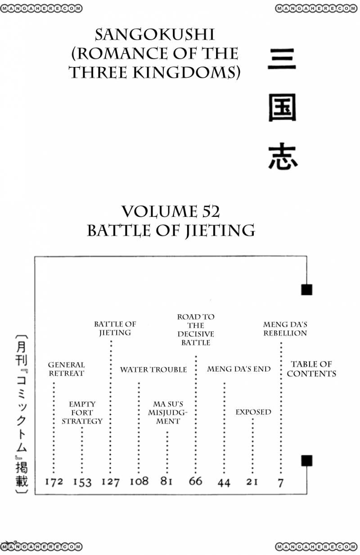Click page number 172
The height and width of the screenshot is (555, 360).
[54, 482]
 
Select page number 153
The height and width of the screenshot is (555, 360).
[82, 482]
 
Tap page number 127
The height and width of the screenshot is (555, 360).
[110, 482]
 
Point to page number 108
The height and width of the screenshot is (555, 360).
[139, 481]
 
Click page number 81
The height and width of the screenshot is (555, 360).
[166, 481]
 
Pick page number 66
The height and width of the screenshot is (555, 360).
[195, 481]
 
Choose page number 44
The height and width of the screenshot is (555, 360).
[224, 482]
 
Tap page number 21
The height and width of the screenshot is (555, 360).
[252, 482]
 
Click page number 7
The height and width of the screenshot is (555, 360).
[281, 483]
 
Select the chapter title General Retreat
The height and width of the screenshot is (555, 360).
[66, 369]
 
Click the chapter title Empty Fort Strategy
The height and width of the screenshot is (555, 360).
[82, 412]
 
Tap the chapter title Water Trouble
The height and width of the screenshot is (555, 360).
[153, 370]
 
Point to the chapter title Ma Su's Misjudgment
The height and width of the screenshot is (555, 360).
[167, 412]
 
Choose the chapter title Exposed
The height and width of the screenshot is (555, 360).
[253, 412]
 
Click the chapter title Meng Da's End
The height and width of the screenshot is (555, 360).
[239, 369]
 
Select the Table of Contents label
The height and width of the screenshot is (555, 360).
[311, 369]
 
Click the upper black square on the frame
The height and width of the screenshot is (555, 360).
[306, 290]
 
